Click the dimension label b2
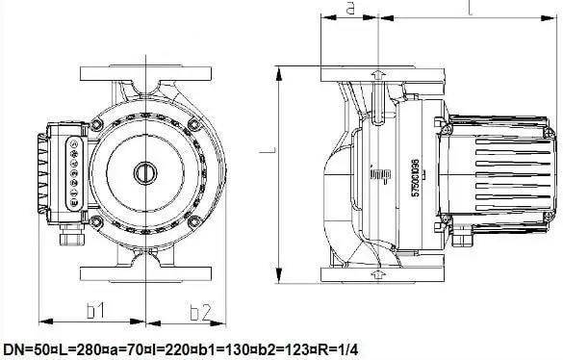tap(200, 310)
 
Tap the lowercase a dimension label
tap(351, 9)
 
